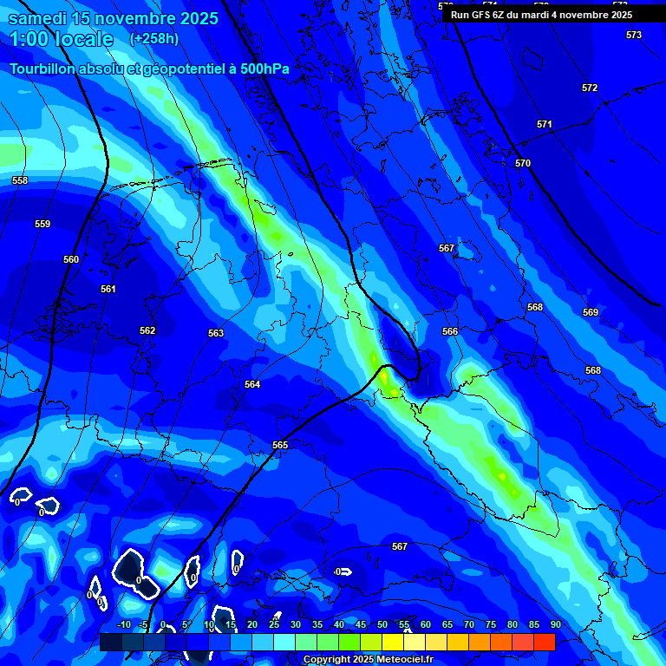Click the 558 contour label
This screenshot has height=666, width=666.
click(x=20, y=180)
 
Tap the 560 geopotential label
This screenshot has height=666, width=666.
click(x=71, y=259)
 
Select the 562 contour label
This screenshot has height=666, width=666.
click(x=147, y=330)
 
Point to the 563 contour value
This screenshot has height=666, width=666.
click(x=216, y=333)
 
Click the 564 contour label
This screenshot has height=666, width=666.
click(x=252, y=384)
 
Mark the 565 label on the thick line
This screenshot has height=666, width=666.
click(x=280, y=445)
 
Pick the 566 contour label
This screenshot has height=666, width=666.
click(x=450, y=332)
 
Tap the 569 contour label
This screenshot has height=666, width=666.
click(x=591, y=312)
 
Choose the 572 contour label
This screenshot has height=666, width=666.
click(x=590, y=88)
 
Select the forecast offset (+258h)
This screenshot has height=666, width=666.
click(x=154, y=39)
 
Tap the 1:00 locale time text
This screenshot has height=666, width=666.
click(x=61, y=39)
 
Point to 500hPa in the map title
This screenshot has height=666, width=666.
click(x=264, y=69)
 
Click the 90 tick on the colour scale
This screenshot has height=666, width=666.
click(x=555, y=624)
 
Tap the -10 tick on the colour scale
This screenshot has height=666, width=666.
click(x=123, y=624)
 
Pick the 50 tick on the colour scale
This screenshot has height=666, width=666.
click(x=382, y=624)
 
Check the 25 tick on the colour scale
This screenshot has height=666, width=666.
click(x=274, y=624)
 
